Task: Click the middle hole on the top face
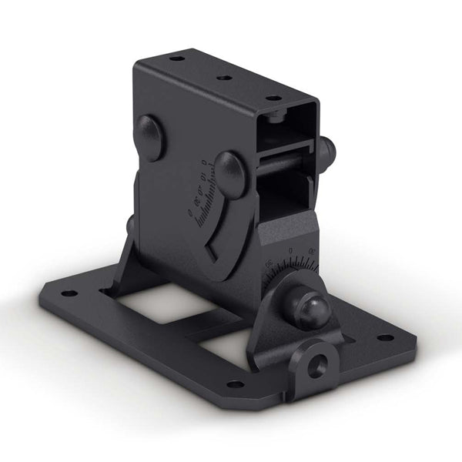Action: point(224,78)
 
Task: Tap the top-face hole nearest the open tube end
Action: point(272,98)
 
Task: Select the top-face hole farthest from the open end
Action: point(176,59)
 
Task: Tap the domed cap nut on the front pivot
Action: point(314,310)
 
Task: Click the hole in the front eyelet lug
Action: point(315,363)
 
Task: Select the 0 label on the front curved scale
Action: point(290,251)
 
